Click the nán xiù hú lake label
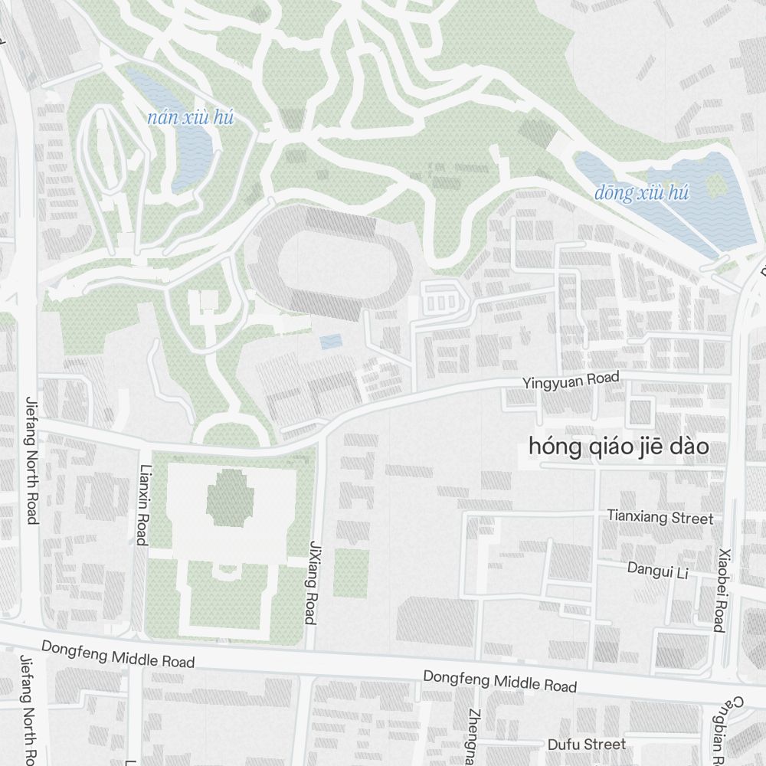click(190, 118)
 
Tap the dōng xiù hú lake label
click(641, 193)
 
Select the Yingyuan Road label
click(571, 379)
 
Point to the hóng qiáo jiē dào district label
click(619, 447)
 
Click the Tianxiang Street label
click(660, 517)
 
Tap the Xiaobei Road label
click(720, 590)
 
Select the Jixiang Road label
click(313, 581)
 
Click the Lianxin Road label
click(142, 505)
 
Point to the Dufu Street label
click(587, 745)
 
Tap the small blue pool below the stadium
click(330, 341)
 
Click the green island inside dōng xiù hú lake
click(717, 184)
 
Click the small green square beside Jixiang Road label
click(351, 573)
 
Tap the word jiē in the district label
click(647, 447)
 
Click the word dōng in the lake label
click(614, 193)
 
